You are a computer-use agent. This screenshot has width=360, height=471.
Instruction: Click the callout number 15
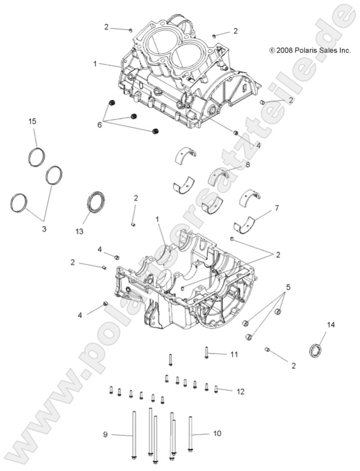pyautogui.click(x=33, y=122)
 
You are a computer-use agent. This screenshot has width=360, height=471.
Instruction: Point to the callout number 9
pyautogui.click(x=105, y=434)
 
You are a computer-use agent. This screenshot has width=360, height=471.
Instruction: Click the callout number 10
pyautogui.click(x=217, y=434)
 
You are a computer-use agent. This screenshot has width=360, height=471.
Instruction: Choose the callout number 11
pyautogui.click(x=234, y=354)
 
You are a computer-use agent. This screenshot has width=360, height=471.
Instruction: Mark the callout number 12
pyautogui.click(x=240, y=391)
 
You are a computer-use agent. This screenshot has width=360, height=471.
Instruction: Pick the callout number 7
pyautogui.click(x=276, y=209)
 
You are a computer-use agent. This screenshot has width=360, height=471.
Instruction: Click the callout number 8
pyautogui.click(x=247, y=165)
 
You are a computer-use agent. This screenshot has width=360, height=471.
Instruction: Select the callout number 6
pyautogui.click(x=100, y=124)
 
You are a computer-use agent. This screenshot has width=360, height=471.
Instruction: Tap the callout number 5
pyautogui.click(x=288, y=287)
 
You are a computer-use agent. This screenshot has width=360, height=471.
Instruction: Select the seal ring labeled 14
pyautogui.click(x=317, y=350)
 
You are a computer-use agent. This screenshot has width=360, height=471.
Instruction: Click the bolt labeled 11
pyautogui.click(x=206, y=353)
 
